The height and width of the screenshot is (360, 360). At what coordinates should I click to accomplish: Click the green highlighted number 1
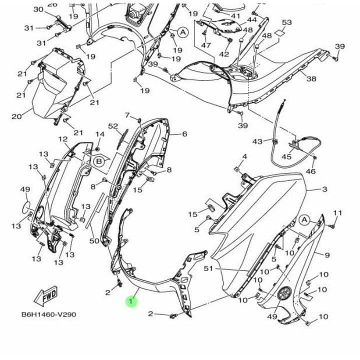pyautogui.click(x=131, y=301)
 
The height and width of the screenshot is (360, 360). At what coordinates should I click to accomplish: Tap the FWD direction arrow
pyautogui.click(x=46, y=295)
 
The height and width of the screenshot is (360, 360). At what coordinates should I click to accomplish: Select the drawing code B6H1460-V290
pyautogui.click(x=49, y=314)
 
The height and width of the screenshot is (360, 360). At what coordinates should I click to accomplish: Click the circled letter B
pyautogui.click(x=99, y=161)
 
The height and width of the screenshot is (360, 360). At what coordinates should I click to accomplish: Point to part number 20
pyautogui.click(x=16, y=116)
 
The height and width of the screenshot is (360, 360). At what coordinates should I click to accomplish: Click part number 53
pyautogui.click(x=287, y=22)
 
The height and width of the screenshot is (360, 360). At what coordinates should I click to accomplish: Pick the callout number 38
pyautogui.click(x=311, y=79)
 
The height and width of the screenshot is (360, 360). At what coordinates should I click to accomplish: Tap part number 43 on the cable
pyautogui.click(x=257, y=141)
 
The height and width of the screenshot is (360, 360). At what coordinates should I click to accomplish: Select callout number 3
pyautogui.click(x=324, y=189)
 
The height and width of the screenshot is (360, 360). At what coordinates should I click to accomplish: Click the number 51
pyautogui.click(x=208, y=268)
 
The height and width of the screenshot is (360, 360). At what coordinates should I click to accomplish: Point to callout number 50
pyautogui.click(x=94, y=241)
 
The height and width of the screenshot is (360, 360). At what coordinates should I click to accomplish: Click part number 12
pyautogui.click(x=63, y=139)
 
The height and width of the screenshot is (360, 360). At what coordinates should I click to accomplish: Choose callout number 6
pyautogui.click(x=184, y=134)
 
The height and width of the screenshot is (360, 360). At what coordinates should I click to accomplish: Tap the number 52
pyautogui.click(x=113, y=126)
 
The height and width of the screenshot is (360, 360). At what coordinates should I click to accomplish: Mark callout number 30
pyautogui.click(x=38, y=9)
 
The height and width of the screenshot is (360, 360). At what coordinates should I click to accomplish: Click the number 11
pyautogui.click(x=337, y=213)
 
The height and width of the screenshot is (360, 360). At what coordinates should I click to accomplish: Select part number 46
pyautogui.click(x=310, y=171)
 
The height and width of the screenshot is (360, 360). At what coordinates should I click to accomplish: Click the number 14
pyautogui.click(x=100, y=134)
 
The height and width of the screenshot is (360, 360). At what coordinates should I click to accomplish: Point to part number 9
pyautogui.click(x=327, y=255)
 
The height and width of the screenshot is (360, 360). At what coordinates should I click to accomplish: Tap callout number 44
pyautogui.click(x=251, y=20)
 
